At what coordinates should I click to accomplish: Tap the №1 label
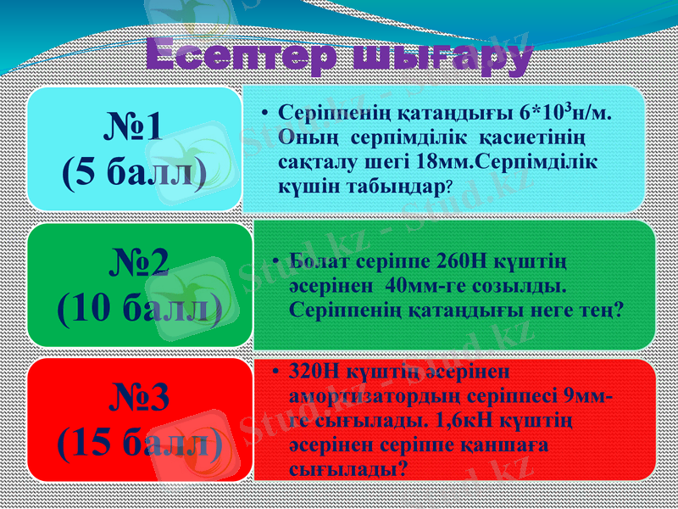[135, 128]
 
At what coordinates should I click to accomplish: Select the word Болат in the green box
[320, 260]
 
